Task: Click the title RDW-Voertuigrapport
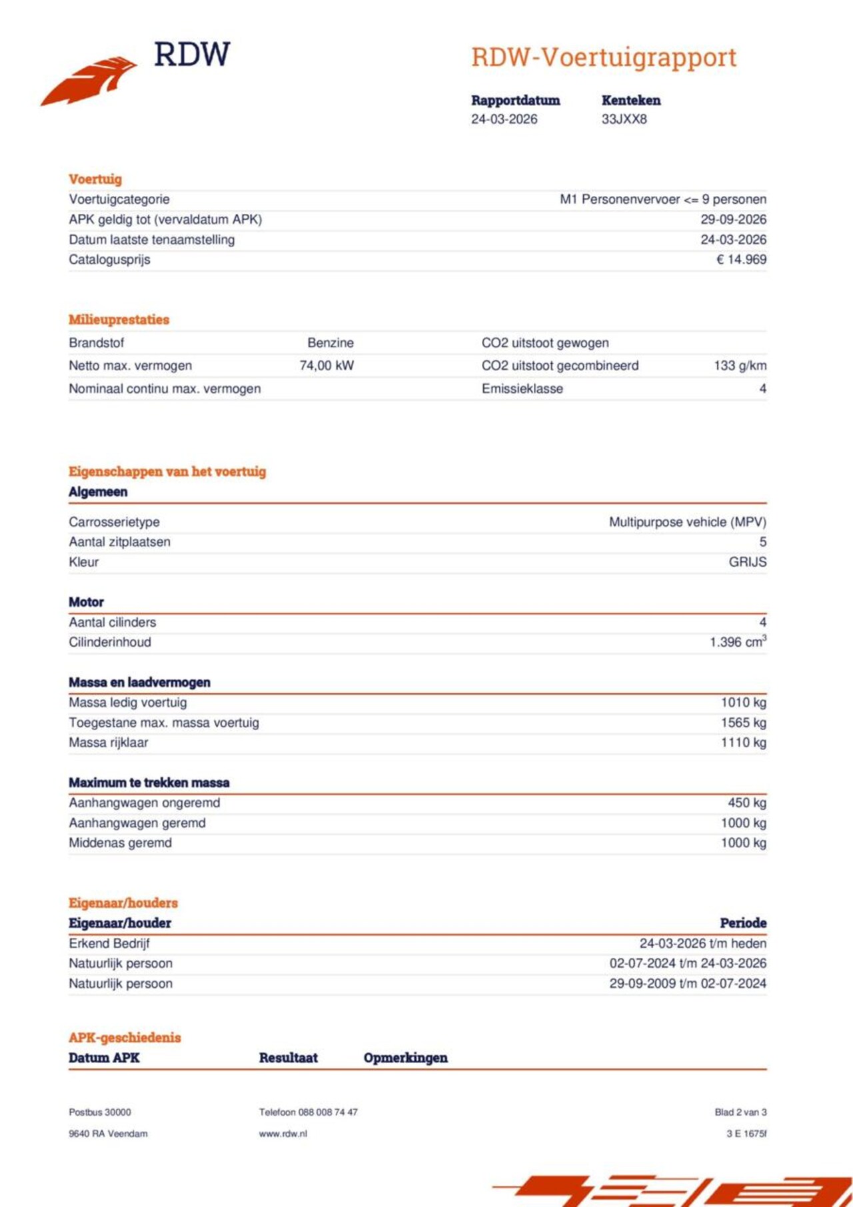(x=604, y=58)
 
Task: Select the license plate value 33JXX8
(x=624, y=119)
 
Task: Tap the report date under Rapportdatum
(x=504, y=119)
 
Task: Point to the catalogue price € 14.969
(x=741, y=260)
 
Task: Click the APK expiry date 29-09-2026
(x=733, y=220)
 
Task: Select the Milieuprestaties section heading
(x=119, y=320)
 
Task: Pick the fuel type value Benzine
(x=331, y=343)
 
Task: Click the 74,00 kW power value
(x=327, y=366)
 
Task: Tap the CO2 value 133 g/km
(x=740, y=366)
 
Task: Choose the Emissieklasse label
(x=522, y=389)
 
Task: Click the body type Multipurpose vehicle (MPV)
(x=687, y=522)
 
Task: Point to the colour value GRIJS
(x=747, y=562)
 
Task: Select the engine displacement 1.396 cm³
(x=738, y=642)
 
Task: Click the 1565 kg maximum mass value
(x=743, y=723)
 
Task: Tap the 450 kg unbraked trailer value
(x=746, y=803)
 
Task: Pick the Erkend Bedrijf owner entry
(x=109, y=944)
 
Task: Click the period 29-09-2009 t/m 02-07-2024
(x=687, y=984)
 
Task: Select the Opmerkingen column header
(x=405, y=1058)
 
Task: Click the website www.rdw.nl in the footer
(x=283, y=1134)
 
